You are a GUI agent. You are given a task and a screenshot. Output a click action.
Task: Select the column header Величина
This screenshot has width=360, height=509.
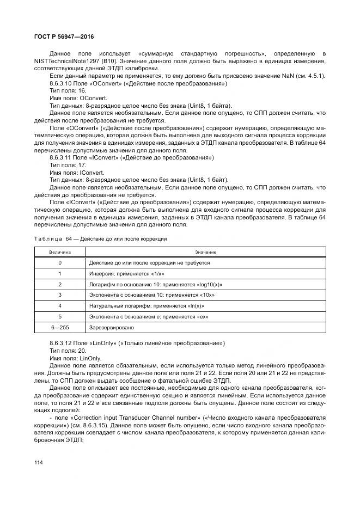pyautogui.click(x=60, y=252)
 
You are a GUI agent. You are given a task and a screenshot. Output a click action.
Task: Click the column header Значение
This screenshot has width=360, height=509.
pyautogui.click(x=206, y=252)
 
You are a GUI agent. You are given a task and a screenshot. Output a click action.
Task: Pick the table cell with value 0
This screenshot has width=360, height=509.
pyautogui.click(x=60, y=262)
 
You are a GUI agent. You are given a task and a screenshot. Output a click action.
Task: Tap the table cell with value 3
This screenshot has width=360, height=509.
pyautogui.click(x=60, y=295)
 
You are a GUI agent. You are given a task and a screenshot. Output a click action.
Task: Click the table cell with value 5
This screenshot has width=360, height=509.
pyautogui.click(x=60, y=316)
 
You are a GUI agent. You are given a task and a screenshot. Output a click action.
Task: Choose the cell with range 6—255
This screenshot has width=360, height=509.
pyautogui.click(x=60, y=328)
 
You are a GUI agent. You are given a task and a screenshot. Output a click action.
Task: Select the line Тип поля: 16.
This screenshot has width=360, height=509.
pyautogui.click(x=68, y=91)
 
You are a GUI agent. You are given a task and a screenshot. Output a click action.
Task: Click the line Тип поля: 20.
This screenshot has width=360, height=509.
pyautogui.click(x=68, y=351)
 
